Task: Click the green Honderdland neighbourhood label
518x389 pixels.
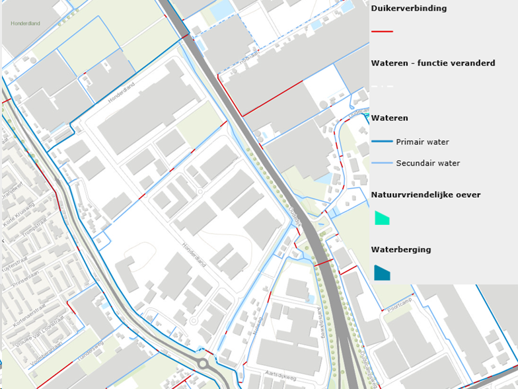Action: [x=25, y=23]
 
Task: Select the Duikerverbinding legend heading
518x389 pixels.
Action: [x=409, y=9]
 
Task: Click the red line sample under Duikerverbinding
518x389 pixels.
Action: [x=382, y=31]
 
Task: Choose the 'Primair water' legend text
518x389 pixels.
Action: [x=422, y=142]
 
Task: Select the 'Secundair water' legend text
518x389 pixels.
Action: [x=427, y=163]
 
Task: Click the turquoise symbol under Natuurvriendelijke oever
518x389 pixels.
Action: [x=381, y=218]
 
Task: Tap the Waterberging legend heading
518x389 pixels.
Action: [x=401, y=249]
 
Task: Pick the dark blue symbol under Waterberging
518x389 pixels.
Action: [x=381, y=273]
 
